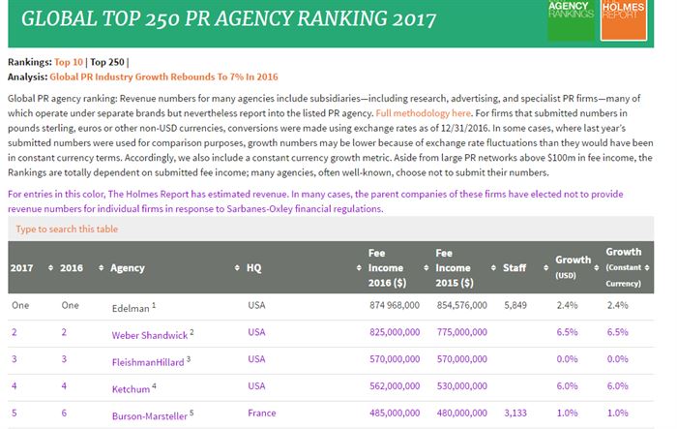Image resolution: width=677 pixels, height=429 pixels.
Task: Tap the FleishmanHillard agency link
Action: coord(149,359)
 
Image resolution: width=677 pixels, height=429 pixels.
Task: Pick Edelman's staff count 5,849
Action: coord(517,305)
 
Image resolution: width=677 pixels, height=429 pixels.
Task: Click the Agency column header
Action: coord(128,267)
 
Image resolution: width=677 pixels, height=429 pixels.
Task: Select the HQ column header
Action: coord(254,267)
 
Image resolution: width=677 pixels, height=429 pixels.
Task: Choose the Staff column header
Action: coord(515,267)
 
